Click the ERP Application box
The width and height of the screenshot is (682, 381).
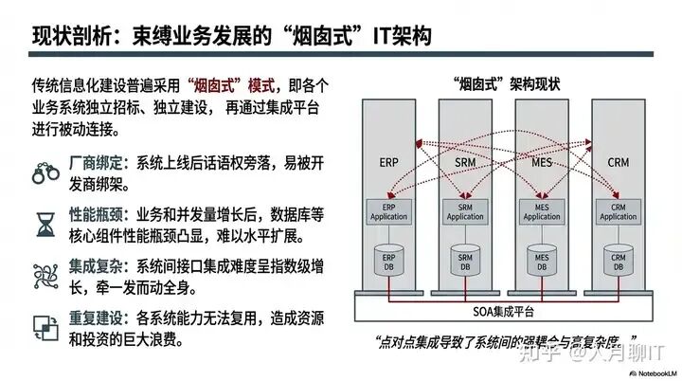tap(388, 211)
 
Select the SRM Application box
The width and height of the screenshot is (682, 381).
tap(465, 211)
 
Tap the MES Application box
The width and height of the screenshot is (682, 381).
tap(542, 211)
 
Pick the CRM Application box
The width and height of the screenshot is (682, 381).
tap(617, 211)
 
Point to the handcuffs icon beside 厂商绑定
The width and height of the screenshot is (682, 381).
tap(45, 172)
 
